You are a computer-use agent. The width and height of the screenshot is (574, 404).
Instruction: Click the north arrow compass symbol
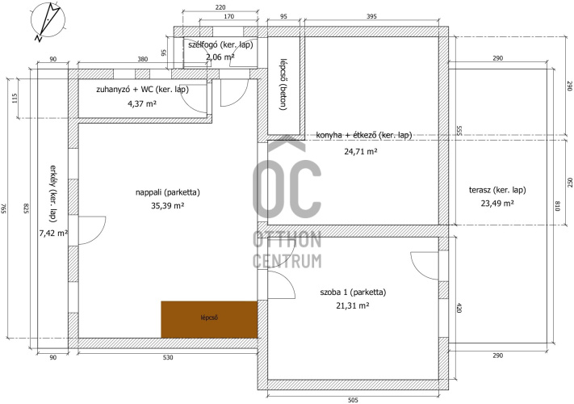[47, 20]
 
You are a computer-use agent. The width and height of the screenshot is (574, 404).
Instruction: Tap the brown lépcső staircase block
[209, 319]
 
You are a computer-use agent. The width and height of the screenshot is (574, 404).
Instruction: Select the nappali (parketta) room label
[168, 192]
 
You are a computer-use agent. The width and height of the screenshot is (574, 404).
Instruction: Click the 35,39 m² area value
[167, 206]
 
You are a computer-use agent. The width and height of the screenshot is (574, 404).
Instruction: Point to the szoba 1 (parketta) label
[353, 292]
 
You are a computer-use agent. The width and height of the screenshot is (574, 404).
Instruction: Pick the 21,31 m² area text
[352, 305]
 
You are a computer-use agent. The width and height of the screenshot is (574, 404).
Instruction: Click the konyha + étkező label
[364, 135]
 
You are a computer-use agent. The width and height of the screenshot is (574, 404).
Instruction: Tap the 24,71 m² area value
[361, 151]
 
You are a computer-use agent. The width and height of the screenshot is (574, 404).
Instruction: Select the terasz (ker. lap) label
[497, 190]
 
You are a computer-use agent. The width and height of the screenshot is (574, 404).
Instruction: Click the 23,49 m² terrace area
[497, 204]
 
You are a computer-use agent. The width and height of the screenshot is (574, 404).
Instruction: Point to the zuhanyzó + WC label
[142, 90]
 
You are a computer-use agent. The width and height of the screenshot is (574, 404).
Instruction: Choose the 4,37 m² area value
[142, 103]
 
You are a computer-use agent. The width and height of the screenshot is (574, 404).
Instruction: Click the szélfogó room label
[220, 45]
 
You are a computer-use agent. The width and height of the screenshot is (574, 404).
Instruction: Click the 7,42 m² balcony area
[53, 233]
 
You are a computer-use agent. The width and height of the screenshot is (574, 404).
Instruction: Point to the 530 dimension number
[168, 357]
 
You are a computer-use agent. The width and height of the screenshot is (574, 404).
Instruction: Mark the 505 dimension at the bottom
[353, 400]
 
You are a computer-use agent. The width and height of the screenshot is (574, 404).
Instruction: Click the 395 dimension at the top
[371, 16]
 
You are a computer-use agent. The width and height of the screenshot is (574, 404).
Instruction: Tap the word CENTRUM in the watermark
[287, 261]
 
